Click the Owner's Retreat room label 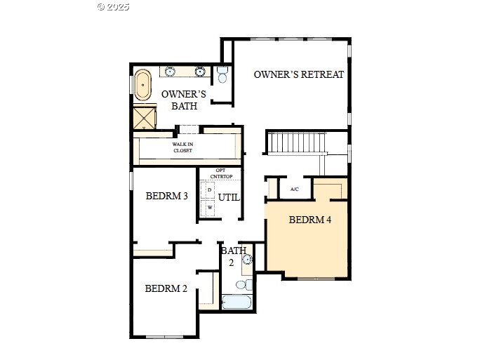(x=299, y=74)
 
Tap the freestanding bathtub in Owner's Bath (x=142, y=85)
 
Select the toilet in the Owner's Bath (x=222, y=74)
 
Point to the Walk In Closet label (x=182, y=147)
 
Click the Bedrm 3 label (x=166, y=196)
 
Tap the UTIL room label (x=229, y=197)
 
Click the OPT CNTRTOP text (x=221, y=173)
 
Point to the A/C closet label (x=295, y=189)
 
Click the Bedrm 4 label (x=310, y=220)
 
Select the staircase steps (x=296, y=142)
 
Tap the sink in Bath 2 (x=247, y=260)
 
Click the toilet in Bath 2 (x=244, y=285)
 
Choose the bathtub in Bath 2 (x=236, y=302)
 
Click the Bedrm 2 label (x=166, y=288)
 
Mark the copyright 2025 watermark (x=114, y=7)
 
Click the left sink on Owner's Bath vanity (x=170, y=72)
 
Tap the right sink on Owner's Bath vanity (x=200, y=72)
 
